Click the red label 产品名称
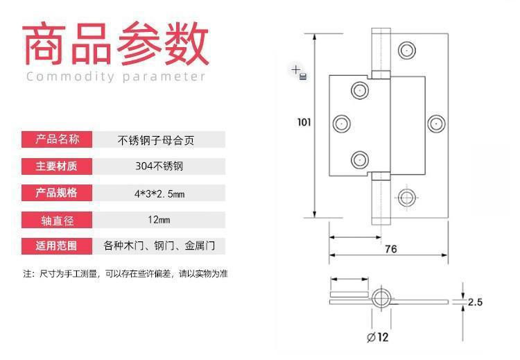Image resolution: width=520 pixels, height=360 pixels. [57, 139]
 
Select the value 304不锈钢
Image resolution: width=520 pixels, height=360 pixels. [159, 166]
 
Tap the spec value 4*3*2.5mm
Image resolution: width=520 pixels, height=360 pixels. [159, 194]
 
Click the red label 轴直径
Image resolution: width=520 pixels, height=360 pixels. [57, 220]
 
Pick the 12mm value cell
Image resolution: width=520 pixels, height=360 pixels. [159, 220]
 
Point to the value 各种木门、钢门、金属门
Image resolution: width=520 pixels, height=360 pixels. [159, 246]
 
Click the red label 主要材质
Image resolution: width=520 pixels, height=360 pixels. [57, 166]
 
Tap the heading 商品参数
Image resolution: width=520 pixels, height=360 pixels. [116, 44]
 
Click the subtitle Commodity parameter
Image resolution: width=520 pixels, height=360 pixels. [116, 76]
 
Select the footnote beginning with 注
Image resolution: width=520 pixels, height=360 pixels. [125, 274]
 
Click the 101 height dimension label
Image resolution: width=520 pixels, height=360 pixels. [304, 123]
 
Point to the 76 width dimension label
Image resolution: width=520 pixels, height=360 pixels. [391, 249]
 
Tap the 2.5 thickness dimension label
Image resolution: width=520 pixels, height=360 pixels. [475, 302]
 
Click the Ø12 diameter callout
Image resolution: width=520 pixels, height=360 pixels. [378, 337]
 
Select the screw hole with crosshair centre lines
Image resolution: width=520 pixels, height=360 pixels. [406, 198]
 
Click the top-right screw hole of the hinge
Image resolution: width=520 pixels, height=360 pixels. [406, 51]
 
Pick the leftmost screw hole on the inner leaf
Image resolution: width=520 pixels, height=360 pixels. [342, 123]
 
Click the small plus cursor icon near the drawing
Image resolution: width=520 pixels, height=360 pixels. [295, 69]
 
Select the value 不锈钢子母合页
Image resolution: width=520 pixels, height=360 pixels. [155, 140]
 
